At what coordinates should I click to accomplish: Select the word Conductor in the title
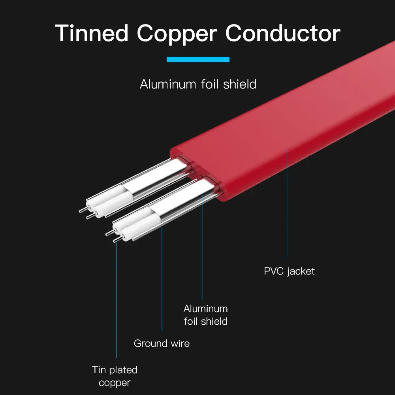click(x=282, y=33)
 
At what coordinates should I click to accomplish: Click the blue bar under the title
click(x=198, y=60)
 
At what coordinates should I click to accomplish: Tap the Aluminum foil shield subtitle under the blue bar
click(x=198, y=84)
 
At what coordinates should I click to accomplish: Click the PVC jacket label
click(x=289, y=271)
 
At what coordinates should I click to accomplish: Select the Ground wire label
click(x=162, y=343)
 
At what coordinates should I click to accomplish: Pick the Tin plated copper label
click(x=115, y=376)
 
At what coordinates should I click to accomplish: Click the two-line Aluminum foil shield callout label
click(x=205, y=315)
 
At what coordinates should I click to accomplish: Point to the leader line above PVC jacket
click(x=287, y=205)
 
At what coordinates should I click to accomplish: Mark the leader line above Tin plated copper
click(x=117, y=300)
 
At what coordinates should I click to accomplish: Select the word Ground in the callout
click(x=149, y=343)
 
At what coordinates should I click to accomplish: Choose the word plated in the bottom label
click(x=123, y=370)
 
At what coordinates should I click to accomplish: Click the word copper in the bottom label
click(x=115, y=383)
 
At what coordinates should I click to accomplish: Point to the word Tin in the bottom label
click(x=99, y=370)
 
